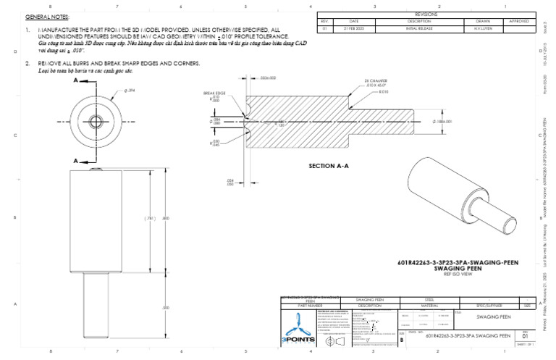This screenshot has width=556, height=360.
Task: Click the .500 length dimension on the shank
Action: (x=165, y=308)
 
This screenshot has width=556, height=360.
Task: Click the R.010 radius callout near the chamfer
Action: (x=379, y=92)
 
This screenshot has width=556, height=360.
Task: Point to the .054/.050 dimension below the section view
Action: (x=230, y=182)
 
